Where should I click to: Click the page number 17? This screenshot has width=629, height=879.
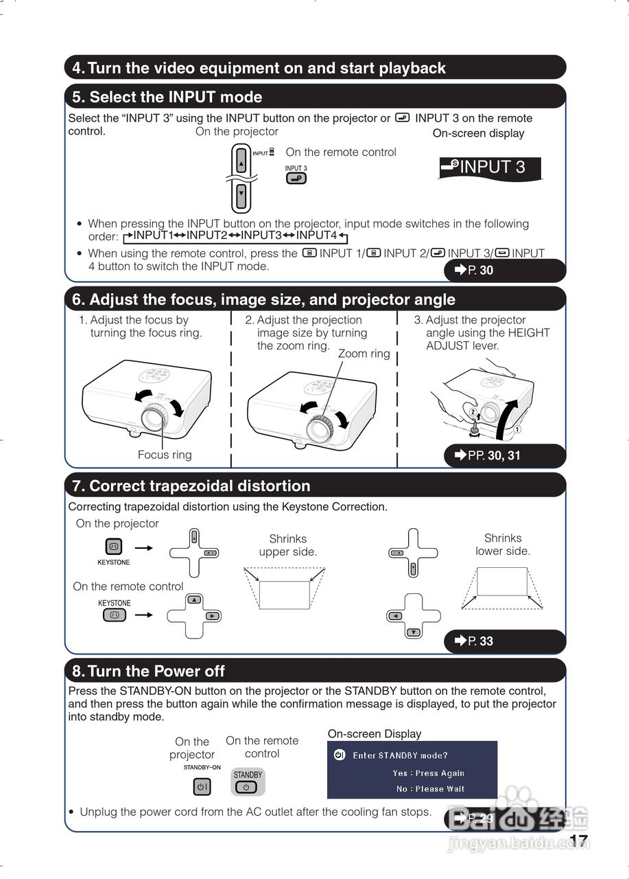click(579, 841)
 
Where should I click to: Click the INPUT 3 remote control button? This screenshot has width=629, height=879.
click(296, 179)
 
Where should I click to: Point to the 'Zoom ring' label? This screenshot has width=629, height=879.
click(364, 354)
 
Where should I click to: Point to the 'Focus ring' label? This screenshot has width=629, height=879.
click(165, 455)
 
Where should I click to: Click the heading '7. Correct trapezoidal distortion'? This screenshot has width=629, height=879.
click(191, 486)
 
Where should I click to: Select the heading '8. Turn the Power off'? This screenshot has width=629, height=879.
click(149, 671)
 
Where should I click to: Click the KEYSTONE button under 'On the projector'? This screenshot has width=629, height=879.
click(114, 547)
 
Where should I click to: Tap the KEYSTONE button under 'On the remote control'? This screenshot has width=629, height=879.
click(115, 615)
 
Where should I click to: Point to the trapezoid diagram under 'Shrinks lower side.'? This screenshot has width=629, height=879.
click(502, 586)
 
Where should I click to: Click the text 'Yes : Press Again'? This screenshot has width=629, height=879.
click(429, 773)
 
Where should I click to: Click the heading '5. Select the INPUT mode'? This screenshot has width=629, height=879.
click(167, 97)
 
